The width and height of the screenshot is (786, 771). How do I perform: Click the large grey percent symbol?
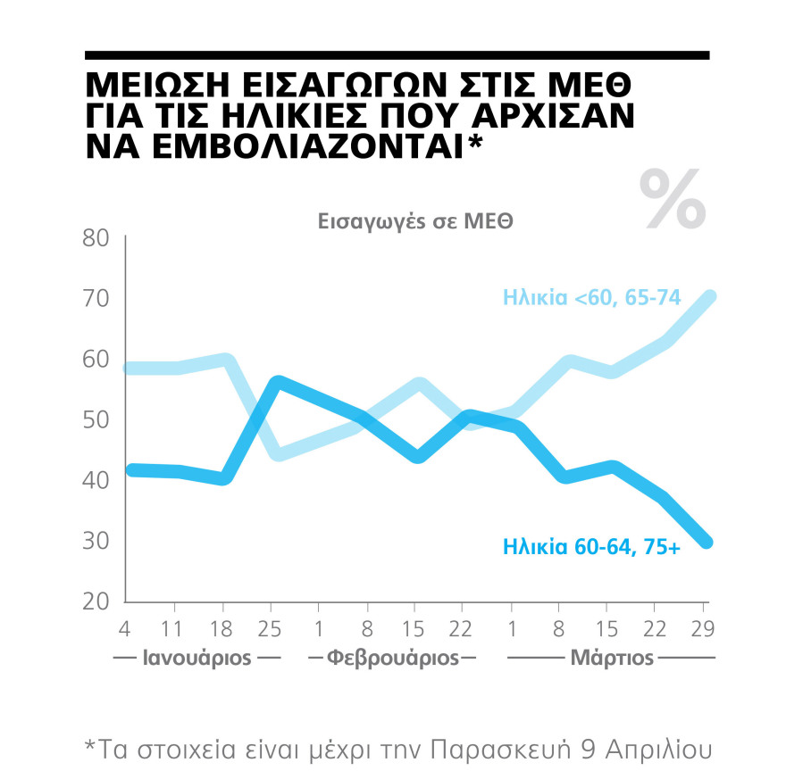pos(673,198)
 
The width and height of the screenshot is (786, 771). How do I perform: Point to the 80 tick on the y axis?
pos(95,238)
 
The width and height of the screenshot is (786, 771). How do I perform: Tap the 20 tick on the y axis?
pos(95,601)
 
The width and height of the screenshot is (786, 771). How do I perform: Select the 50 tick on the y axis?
pos(95,419)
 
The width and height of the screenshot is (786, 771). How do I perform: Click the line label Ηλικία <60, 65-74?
pos(591,297)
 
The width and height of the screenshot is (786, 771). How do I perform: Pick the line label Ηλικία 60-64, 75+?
pos(591,545)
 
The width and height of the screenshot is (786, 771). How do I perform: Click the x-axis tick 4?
pos(125,629)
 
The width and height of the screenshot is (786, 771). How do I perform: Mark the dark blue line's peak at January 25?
pos(278,383)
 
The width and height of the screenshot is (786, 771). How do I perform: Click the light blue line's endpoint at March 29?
pos(707,297)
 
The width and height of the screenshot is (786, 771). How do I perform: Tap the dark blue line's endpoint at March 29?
pos(707,542)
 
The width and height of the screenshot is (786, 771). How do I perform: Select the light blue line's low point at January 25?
pos(278,454)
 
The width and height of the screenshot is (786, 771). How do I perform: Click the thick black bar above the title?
pos(397,55)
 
